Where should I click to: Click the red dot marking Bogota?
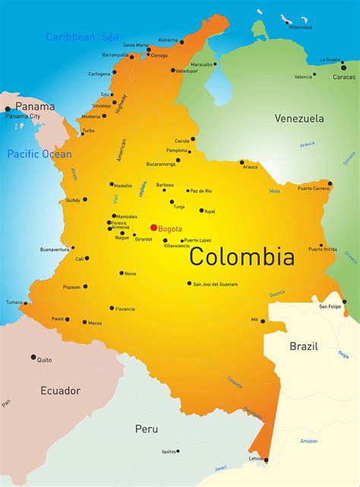(153, 227)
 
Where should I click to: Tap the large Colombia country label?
(242, 256)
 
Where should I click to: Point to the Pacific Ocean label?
(39, 154)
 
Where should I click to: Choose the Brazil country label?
(303, 346)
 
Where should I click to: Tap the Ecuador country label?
(60, 391)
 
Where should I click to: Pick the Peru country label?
(147, 429)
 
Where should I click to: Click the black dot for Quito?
(33, 356)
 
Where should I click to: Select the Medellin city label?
(123, 185)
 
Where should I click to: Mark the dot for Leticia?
(266, 460)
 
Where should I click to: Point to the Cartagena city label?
(99, 74)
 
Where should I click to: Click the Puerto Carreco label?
(314, 188)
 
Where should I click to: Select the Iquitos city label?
(169, 451)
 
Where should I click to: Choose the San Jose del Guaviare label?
(216, 284)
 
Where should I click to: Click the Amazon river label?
(308, 441)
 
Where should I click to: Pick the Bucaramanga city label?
(161, 164)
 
